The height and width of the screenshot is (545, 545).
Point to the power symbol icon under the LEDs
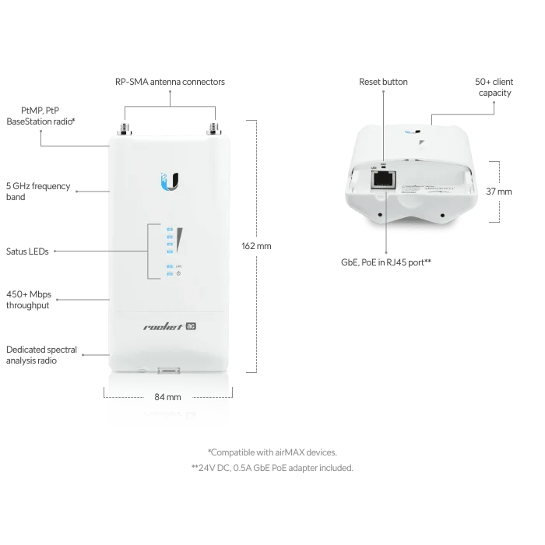pyautogui.click(x=178, y=273)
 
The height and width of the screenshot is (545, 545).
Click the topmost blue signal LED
pyautogui.click(x=169, y=229)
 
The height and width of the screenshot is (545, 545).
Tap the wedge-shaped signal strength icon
pyautogui.click(x=180, y=241)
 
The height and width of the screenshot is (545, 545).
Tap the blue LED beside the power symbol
pyautogui.click(x=169, y=274)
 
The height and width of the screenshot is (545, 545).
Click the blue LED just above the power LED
pyautogui.click(x=169, y=265)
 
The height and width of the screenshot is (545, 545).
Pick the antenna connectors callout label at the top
pyautogui.click(x=171, y=81)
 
